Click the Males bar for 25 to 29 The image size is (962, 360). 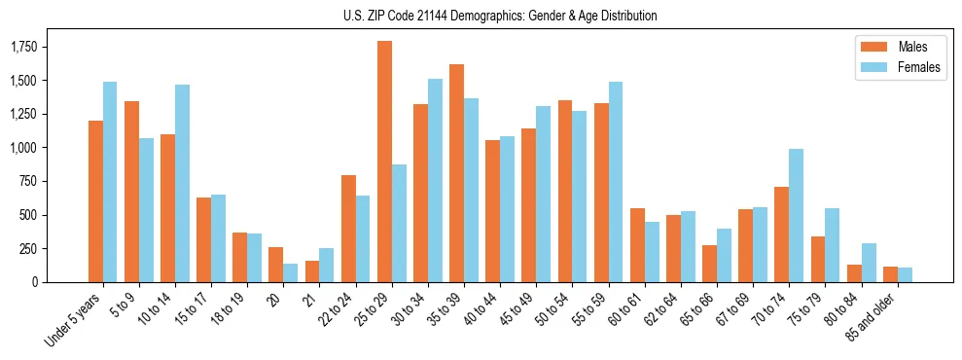tap(384, 162)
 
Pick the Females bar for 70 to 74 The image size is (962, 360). tap(796, 215)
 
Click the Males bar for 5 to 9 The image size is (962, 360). tap(131, 192)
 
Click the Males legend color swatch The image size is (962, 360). tap(872, 47)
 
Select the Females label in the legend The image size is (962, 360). tap(920, 68)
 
